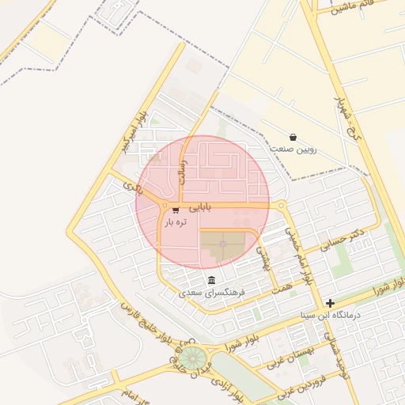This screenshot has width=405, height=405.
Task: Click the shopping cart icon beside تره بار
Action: pos(175,210)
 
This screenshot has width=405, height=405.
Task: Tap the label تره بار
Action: pos(176,223)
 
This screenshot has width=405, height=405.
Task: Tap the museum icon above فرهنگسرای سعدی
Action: pos(211,281)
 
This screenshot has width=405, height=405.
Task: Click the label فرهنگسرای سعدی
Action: pos(212,293)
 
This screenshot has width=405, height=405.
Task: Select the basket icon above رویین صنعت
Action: pos(293,137)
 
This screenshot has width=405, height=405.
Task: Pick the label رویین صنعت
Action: pos(293,149)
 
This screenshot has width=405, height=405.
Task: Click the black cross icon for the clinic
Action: pos(330,303)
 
